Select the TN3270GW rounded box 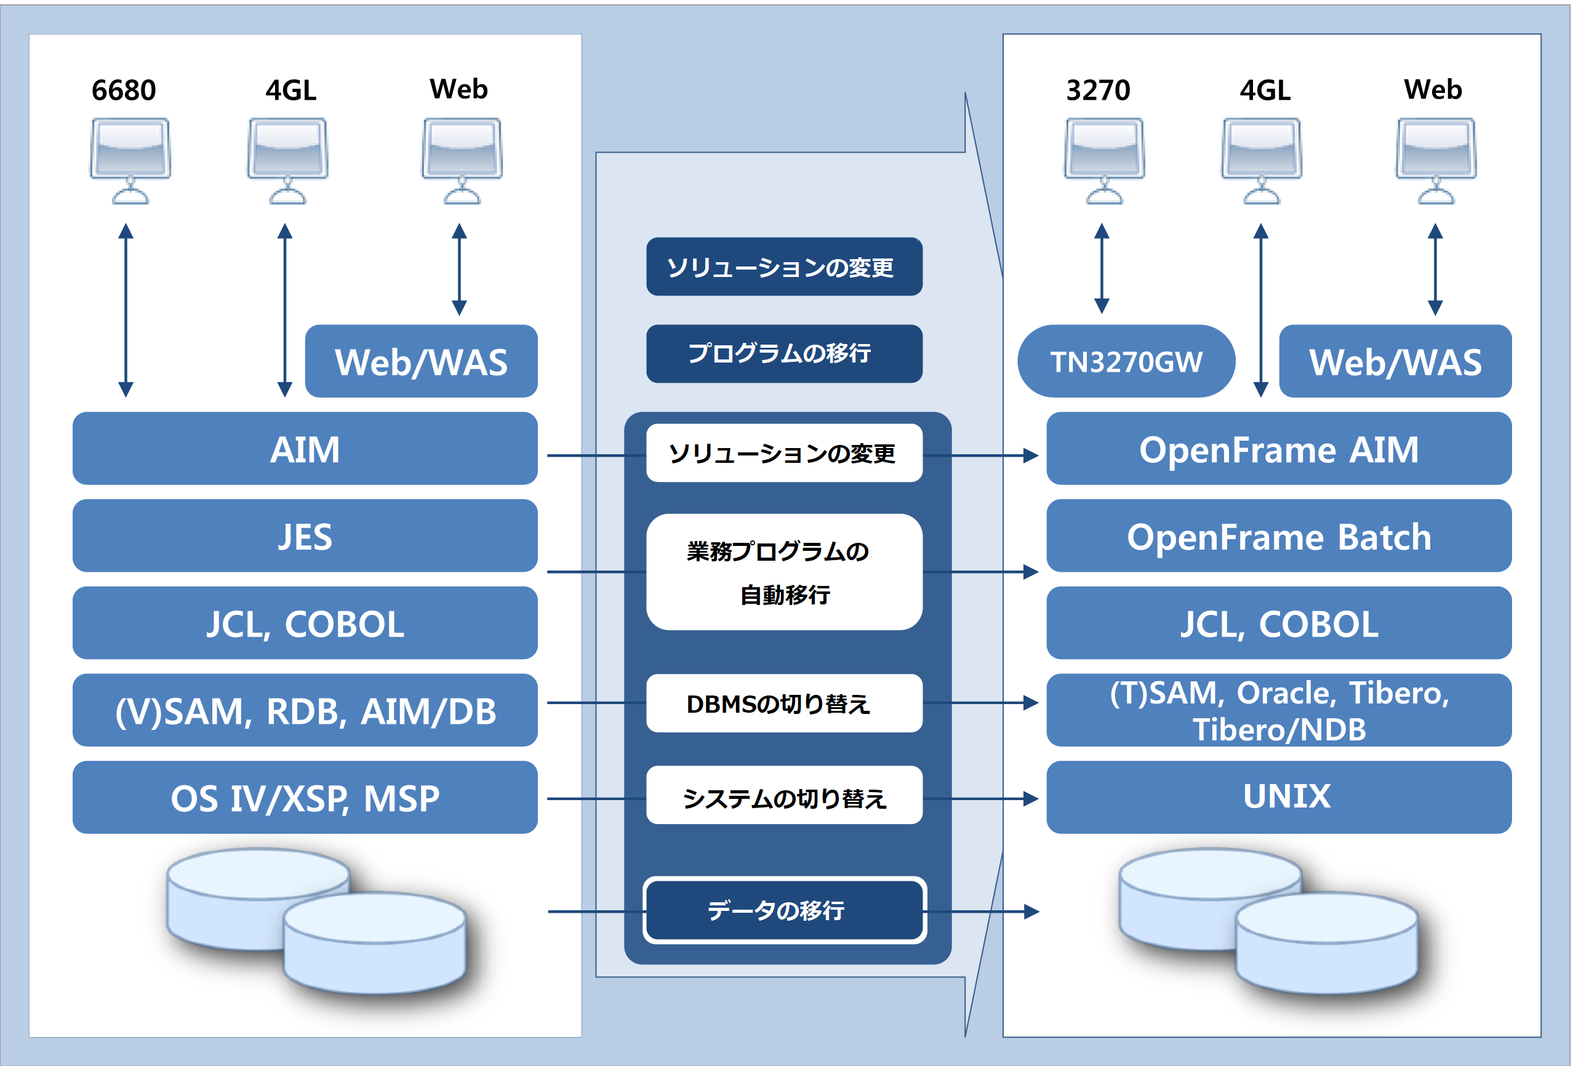point(1126,361)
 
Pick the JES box point(305,535)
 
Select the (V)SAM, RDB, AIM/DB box point(305,710)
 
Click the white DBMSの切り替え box point(784,703)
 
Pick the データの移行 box point(784,910)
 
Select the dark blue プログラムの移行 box point(784,353)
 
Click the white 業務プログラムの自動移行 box point(784,572)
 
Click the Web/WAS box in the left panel point(421,361)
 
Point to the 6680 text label point(124,90)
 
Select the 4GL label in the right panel point(1264,90)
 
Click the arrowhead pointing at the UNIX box point(1031,799)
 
